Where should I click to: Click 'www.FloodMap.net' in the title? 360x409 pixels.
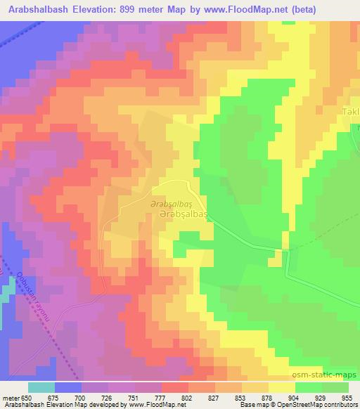click(x=232, y=10)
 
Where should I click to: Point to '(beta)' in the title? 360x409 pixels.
click(x=297, y=10)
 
